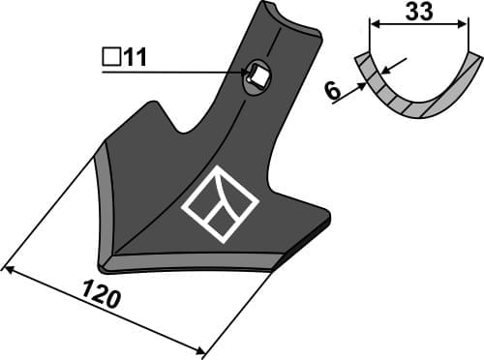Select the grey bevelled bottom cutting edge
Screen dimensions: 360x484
[x=194, y=261]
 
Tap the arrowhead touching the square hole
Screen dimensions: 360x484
[x=247, y=71]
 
